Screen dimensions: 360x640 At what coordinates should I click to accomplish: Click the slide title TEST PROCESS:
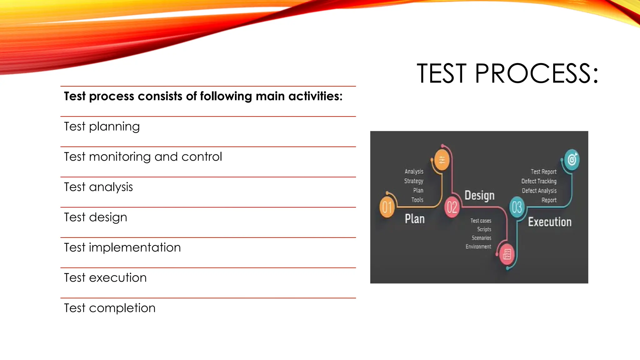coord(507,73)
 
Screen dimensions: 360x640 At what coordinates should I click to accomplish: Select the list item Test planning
coord(102,127)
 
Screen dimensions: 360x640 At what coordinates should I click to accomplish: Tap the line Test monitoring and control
coord(143,157)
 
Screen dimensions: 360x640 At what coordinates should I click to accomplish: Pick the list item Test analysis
coord(98,187)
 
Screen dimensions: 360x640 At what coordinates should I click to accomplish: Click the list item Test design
coord(95,217)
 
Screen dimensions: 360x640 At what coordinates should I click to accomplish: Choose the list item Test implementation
coord(122,247)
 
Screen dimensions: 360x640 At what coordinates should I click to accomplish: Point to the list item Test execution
coord(105,277)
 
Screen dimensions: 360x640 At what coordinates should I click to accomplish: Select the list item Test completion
coord(109,308)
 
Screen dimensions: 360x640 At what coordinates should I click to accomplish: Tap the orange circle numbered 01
coord(387,207)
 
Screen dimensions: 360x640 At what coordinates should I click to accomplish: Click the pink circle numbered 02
coord(452,207)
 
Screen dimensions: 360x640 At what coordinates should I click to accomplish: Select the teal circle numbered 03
coord(517,207)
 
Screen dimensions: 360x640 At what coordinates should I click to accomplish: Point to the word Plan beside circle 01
coord(415,219)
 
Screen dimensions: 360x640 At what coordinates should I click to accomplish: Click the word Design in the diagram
coord(479,195)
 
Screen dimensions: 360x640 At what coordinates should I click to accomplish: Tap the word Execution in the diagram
coord(550,222)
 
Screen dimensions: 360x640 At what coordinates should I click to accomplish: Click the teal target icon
coord(572,160)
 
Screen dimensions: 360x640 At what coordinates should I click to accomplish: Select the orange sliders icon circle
coord(442,160)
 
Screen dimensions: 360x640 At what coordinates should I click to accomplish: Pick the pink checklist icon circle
coord(507,254)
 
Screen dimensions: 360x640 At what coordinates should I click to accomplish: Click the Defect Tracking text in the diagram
coord(539,181)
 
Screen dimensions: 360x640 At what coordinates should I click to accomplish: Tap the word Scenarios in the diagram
coord(481,238)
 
